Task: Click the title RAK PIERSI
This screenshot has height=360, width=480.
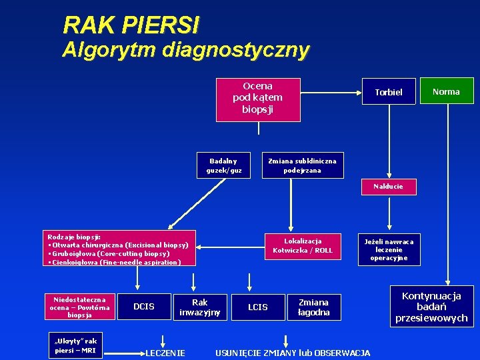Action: [x=131, y=25]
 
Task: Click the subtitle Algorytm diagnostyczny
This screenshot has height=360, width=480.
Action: [x=185, y=50]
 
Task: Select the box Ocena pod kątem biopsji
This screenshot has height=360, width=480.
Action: [x=257, y=97]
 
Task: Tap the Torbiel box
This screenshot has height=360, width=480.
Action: [x=389, y=91]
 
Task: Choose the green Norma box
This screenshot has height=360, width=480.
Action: [x=446, y=91]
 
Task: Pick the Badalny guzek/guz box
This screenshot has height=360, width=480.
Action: [x=223, y=165]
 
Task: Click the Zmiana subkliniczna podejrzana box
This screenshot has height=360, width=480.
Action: [x=302, y=165]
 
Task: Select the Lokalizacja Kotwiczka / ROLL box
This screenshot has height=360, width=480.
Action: [x=303, y=245]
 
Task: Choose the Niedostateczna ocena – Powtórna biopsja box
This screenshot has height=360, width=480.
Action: [x=79, y=307]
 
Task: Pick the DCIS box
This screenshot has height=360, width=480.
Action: [x=144, y=307]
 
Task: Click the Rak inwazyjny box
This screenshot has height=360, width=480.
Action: [x=199, y=307]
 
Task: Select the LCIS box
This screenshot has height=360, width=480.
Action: [x=258, y=307]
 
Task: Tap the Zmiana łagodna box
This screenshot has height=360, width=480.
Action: [x=313, y=307]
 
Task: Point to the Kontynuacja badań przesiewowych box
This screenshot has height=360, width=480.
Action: [x=431, y=307]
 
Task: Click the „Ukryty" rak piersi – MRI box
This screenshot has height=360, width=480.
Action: [x=75, y=345]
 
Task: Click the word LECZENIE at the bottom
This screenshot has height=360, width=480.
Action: [x=165, y=352]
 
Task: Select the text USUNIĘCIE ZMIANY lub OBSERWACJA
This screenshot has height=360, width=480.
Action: [x=293, y=352]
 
